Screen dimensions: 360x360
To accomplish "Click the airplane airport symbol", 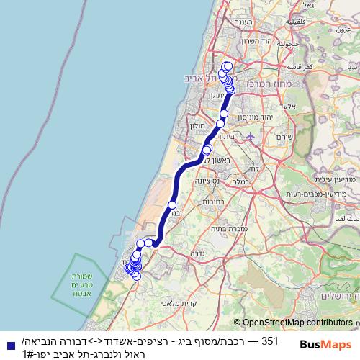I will (250, 136).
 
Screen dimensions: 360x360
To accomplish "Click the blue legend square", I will (6, 345).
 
